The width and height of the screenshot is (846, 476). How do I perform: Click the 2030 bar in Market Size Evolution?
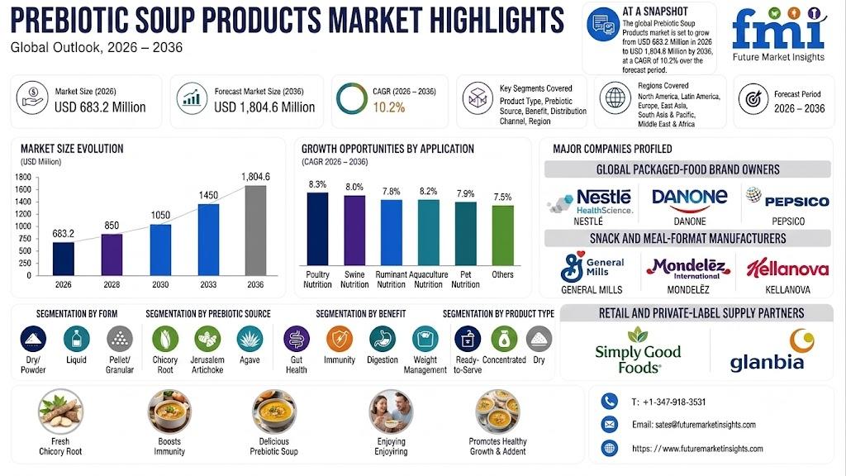(160, 250)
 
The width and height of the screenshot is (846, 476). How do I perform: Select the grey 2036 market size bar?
(256, 231)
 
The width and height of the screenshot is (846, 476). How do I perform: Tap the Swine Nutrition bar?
(354, 230)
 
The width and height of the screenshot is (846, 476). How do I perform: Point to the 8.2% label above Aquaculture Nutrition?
(429, 191)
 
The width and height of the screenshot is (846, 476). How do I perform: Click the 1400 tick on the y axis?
(23, 202)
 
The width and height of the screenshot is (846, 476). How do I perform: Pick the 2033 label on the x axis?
(208, 284)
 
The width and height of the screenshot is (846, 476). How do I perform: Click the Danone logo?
(690, 200)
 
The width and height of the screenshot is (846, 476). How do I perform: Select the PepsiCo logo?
(787, 198)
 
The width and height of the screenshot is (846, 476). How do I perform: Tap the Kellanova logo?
(787, 269)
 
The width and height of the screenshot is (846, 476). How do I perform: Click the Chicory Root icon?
(165, 339)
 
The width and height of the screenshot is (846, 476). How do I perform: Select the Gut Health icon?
(297, 339)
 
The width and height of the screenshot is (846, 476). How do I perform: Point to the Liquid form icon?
(76, 339)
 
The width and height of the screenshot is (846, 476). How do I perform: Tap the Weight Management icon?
(425, 339)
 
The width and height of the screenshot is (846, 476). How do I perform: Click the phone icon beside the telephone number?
(609, 401)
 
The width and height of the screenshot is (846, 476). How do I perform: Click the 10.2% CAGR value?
(388, 107)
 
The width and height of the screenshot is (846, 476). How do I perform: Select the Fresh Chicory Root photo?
(60, 412)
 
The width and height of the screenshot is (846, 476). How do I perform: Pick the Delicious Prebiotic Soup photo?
(274, 412)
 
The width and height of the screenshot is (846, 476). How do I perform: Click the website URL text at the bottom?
(697, 449)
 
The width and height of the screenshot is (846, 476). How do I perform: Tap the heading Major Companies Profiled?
(612, 149)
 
